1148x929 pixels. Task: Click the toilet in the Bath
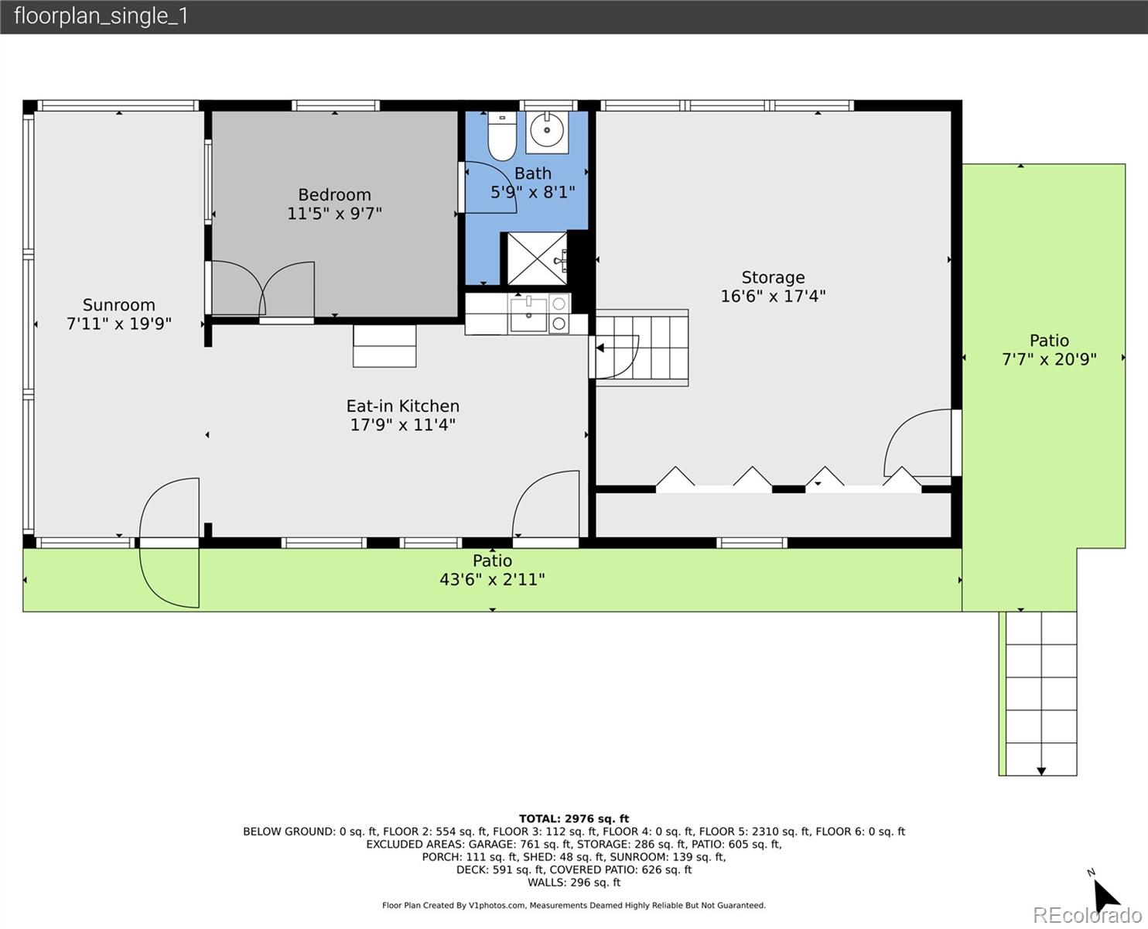point(502,136)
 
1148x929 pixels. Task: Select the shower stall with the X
point(537,259)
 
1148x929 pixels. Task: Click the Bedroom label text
point(334,194)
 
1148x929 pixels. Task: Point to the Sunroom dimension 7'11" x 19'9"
point(118,324)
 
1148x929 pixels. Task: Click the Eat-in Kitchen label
point(402,406)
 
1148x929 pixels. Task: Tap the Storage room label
point(773,277)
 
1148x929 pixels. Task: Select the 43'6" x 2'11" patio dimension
point(492,580)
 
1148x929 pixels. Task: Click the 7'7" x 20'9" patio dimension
point(1049,359)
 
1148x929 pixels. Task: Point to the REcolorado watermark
point(1087,914)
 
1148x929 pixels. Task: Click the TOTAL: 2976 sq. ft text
point(573,818)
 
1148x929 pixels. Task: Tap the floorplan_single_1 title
point(101,16)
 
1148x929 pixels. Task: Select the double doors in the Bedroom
point(263,290)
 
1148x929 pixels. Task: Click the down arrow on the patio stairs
point(1041,771)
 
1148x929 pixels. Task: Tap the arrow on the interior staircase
point(600,348)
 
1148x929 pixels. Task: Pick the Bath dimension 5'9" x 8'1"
point(532,192)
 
